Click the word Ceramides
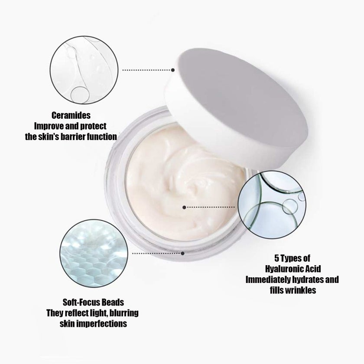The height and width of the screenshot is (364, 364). tap(71, 116)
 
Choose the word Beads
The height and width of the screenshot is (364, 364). tap(115, 302)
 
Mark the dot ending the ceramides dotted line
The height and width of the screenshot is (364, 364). tap(173, 69)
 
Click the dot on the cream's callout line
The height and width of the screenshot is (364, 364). tap(184, 208)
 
